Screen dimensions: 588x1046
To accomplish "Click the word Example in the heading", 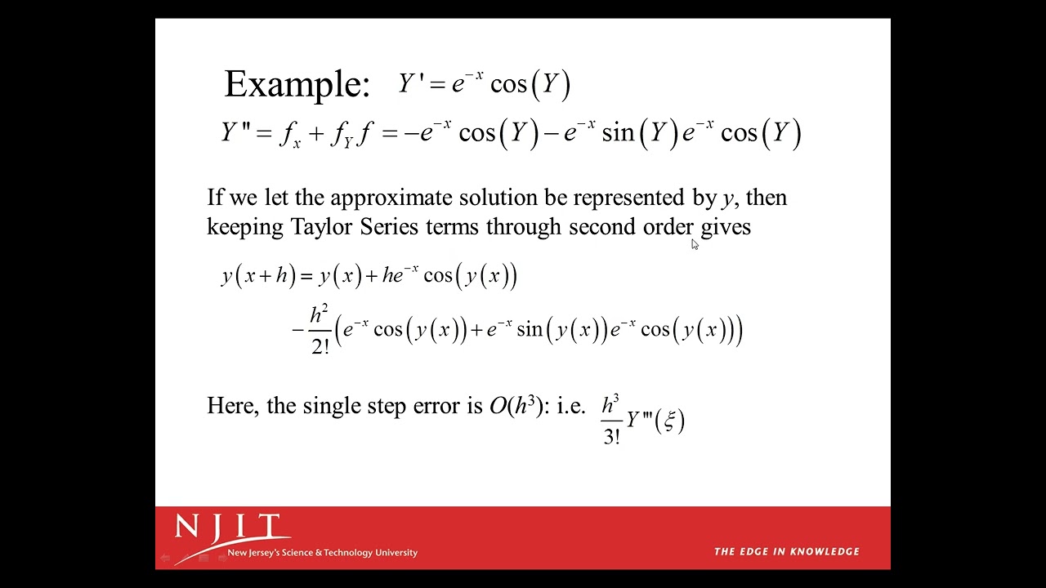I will (x=296, y=84).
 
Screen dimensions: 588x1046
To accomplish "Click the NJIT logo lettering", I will (x=228, y=528).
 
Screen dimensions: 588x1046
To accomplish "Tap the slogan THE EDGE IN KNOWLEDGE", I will (x=786, y=551).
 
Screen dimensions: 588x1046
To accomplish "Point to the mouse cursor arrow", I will (x=695, y=244).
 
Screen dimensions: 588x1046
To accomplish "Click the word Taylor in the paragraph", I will (x=322, y=227).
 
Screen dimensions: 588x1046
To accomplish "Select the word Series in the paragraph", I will (x=389, y=227).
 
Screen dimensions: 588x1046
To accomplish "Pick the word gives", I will (x=726, y=227).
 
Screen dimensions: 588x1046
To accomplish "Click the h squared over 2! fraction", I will (x=320, y=330).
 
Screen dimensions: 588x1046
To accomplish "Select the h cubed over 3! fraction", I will (x=611, y=420).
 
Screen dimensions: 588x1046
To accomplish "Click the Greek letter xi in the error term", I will (x=670, y=421).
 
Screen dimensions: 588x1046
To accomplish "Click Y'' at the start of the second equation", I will (x=235, y=132).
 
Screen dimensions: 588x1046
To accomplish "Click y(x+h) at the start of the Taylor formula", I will (x=258, y=276).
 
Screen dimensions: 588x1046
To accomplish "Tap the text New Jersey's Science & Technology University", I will (x=322, y=553).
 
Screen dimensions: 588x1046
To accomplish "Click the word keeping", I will (x=244, y=227).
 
